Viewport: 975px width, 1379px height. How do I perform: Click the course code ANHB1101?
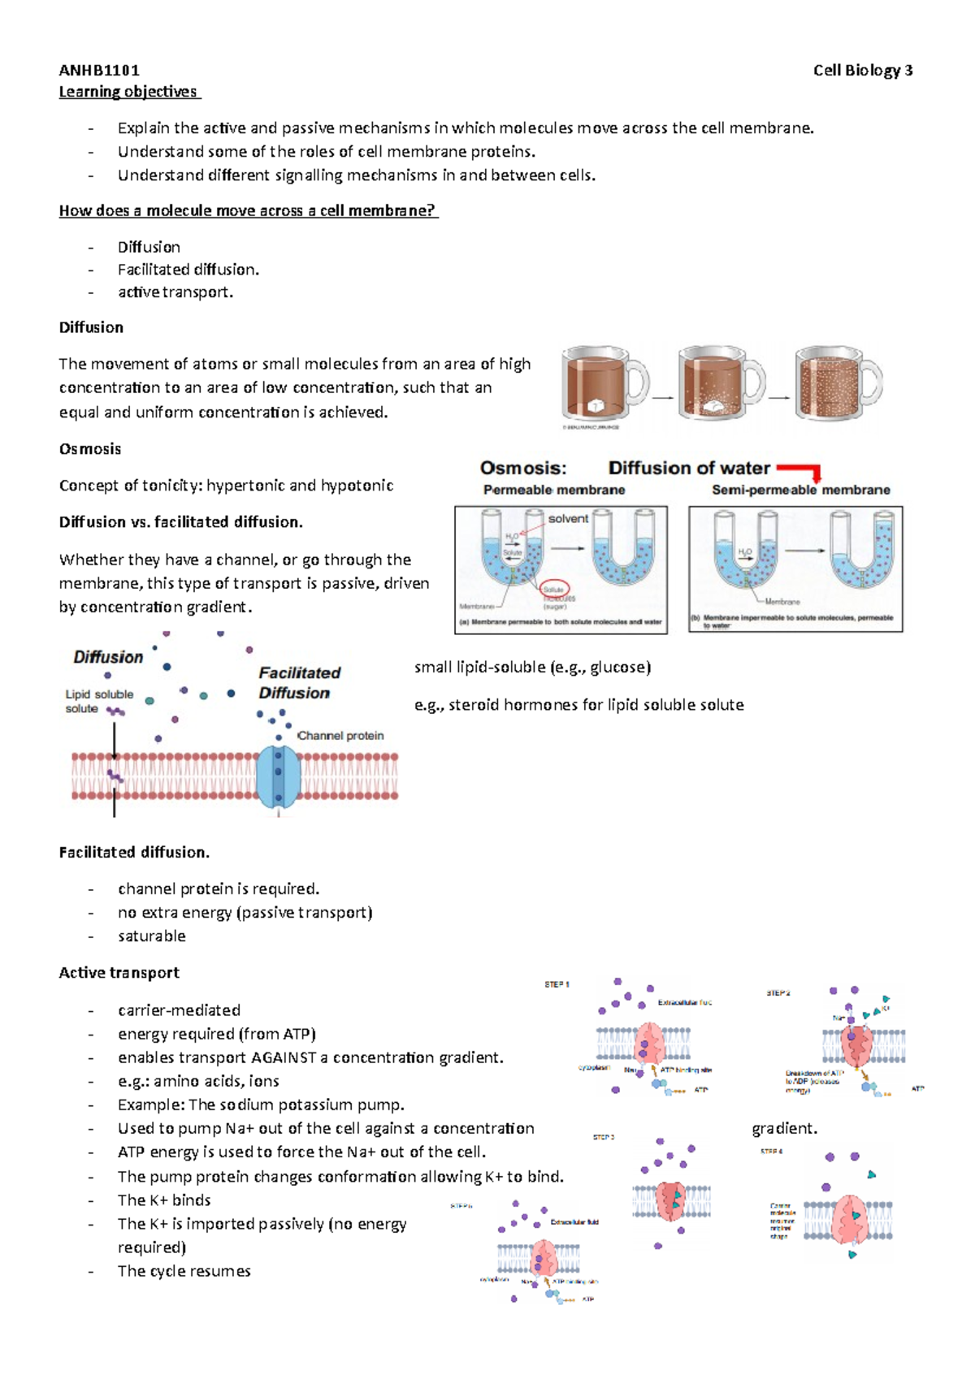[99, 71]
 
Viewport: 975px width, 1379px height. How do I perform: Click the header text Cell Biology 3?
[863, 71]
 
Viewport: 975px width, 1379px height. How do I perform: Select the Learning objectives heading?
[128, 92]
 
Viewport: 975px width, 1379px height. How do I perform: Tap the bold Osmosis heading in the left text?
[90, 449]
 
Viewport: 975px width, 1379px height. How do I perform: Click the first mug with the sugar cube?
[602, 385]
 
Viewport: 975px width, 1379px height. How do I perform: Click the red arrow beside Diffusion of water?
[800, 470]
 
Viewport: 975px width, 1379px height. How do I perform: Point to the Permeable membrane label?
[554, 491]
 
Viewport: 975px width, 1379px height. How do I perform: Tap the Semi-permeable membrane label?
[800, 491]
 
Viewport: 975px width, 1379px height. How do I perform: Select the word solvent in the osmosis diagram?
[568, 519]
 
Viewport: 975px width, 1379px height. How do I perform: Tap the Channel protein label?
[340, 736]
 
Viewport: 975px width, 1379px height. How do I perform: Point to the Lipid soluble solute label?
[98, 702]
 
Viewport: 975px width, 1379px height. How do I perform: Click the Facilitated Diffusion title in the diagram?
[299, 683]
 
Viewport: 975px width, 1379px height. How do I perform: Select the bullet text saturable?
[152, 936]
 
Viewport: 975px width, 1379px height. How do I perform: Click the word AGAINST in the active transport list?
[284, 1058]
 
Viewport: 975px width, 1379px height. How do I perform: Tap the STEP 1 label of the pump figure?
[557, 984]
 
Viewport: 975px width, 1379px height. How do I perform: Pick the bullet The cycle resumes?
[184, 1272]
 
